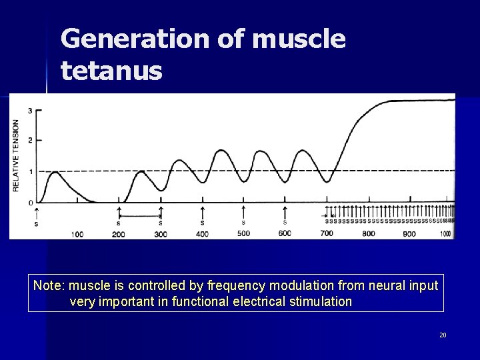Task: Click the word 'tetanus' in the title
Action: pyautogui.click(x=111, y=69)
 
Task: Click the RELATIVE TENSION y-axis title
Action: pyautogui.click(x=16, y=155)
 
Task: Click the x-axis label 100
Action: pyautogui.click(x=77, y=234)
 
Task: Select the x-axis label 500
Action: pyautogui.click(x=243, y=233)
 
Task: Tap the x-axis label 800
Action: pyautogui.click(x=368, y=234)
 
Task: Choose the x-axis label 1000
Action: pyautogui.click(x=445, y=234)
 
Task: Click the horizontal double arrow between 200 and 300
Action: pyautogui.click(x=139, y=215)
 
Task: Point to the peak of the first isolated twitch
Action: pyautogui.click(x=54, y=172)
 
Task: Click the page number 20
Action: pyautogui.click(x=443, y=335)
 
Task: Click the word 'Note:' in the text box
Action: pyautogui.click(x=47, y=285)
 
